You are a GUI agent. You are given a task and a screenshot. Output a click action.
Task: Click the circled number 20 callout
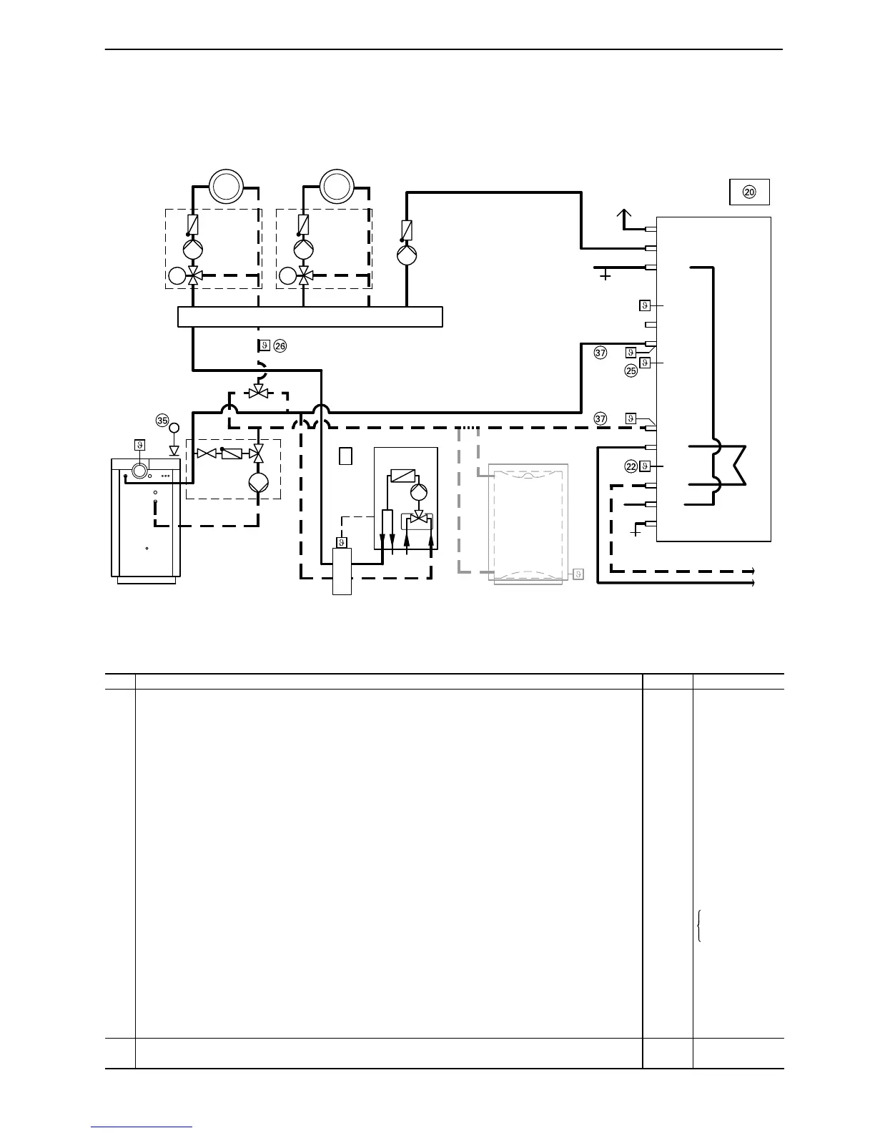point(749,192)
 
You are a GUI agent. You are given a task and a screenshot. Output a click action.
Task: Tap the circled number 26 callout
point(280,346)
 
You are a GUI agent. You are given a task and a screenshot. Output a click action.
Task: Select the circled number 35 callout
point(162,420)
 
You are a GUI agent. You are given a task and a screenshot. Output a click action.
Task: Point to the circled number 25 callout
point(631,371)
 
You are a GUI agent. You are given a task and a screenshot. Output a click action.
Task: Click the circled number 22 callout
point(631,466)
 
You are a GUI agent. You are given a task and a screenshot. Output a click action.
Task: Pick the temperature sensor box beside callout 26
point(264,346)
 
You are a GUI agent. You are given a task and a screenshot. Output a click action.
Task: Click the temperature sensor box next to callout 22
point(645,466)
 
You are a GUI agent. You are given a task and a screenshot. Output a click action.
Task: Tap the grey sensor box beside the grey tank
point(578,574)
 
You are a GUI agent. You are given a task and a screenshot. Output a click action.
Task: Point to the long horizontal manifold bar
point(310,316)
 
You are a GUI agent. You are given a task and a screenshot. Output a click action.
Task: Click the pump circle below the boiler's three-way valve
point(257,481)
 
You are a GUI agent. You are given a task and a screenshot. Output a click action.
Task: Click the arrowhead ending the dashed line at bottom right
point(752,571)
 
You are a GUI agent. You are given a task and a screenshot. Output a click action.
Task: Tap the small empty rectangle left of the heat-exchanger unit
point(345,456)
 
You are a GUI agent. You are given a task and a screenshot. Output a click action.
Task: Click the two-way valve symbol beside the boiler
point(207,453)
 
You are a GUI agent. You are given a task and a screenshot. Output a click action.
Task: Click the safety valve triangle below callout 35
point(174,451)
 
